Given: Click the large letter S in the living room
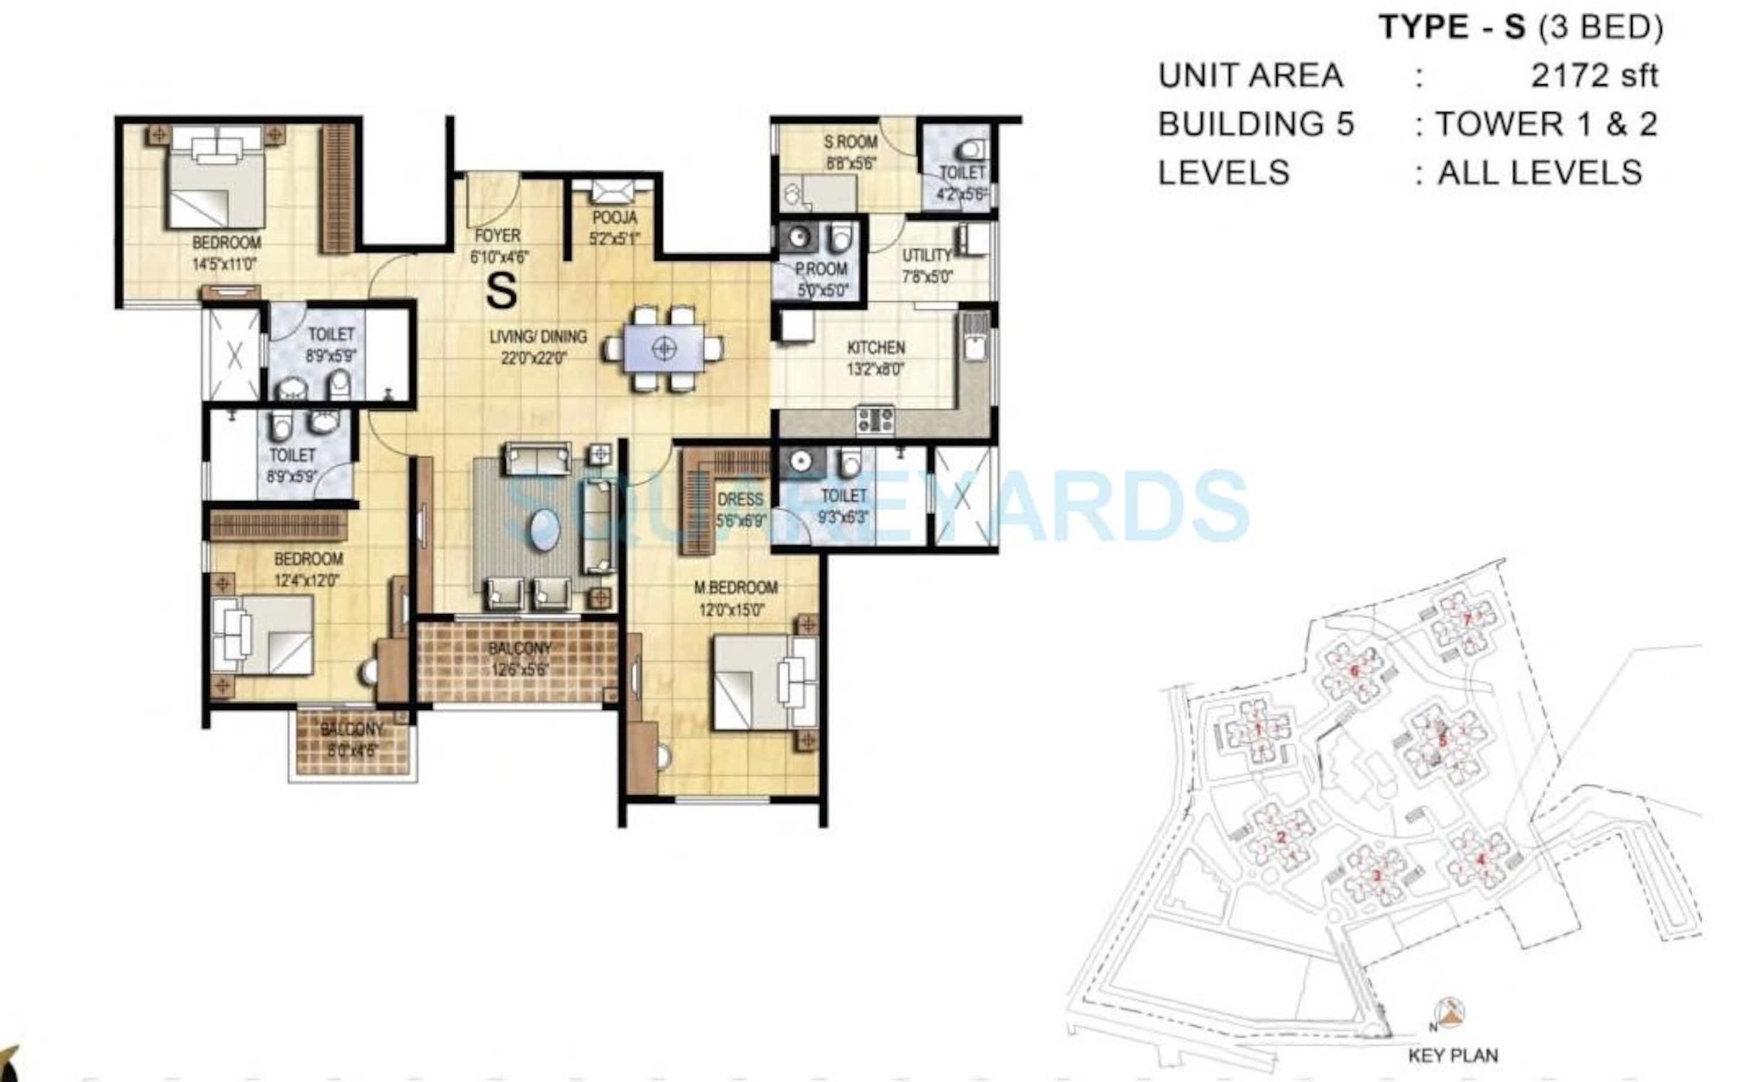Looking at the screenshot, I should pos(501,291).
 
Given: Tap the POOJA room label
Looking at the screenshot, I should pos(614,218).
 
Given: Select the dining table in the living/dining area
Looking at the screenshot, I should pos(663,349).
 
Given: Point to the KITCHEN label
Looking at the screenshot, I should pos(876,348).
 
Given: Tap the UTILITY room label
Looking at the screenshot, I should pos(927,256).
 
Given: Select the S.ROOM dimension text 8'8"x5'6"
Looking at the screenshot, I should pos(851,164).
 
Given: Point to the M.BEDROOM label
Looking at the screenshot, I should pos(736,588).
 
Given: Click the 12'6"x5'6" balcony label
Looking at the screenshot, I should pos(520,671).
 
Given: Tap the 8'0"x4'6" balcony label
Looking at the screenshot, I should pos(352,751).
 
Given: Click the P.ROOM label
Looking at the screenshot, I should pos(821,270).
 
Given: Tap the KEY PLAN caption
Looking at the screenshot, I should pos(1453,1056).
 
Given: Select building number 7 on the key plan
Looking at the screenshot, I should pos(1466,620).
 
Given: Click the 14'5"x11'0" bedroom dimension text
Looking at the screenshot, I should pos(224,264).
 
